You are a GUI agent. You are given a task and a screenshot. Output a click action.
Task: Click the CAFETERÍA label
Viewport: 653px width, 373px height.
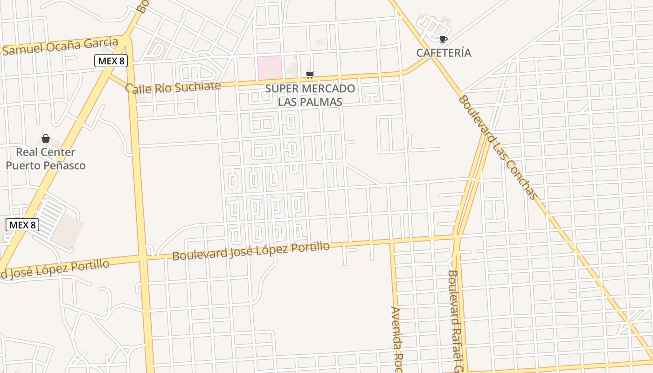[x=444, y=53]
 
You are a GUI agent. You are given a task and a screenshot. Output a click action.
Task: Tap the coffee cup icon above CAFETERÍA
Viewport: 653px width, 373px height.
[x=443, y=39]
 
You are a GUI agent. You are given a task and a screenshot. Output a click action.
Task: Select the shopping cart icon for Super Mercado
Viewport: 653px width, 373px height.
[x=310, y=75]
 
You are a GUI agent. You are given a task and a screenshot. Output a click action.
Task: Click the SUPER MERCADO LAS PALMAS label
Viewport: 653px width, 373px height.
[x=310, y=95]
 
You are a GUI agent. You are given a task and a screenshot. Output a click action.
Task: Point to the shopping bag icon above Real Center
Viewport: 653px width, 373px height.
[x=46, y=138]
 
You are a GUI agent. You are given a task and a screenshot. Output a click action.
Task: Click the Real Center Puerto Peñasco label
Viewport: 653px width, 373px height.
[x=46, y=159]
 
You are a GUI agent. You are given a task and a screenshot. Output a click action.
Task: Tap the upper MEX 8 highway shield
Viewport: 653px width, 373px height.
[x=111, y=61]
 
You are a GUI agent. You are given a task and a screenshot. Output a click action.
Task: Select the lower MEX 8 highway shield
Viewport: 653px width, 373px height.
[x=22, y=225]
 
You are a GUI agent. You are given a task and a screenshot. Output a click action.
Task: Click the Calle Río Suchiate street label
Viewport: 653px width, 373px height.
[x=173, y=87]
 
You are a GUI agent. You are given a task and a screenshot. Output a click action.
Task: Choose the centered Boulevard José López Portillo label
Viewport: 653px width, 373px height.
[x=251, y=251]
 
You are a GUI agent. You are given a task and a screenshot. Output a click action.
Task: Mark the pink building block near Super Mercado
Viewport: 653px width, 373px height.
[x=270, y=68]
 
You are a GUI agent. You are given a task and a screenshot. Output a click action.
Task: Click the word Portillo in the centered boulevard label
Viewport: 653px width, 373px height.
[x=310, y=247]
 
